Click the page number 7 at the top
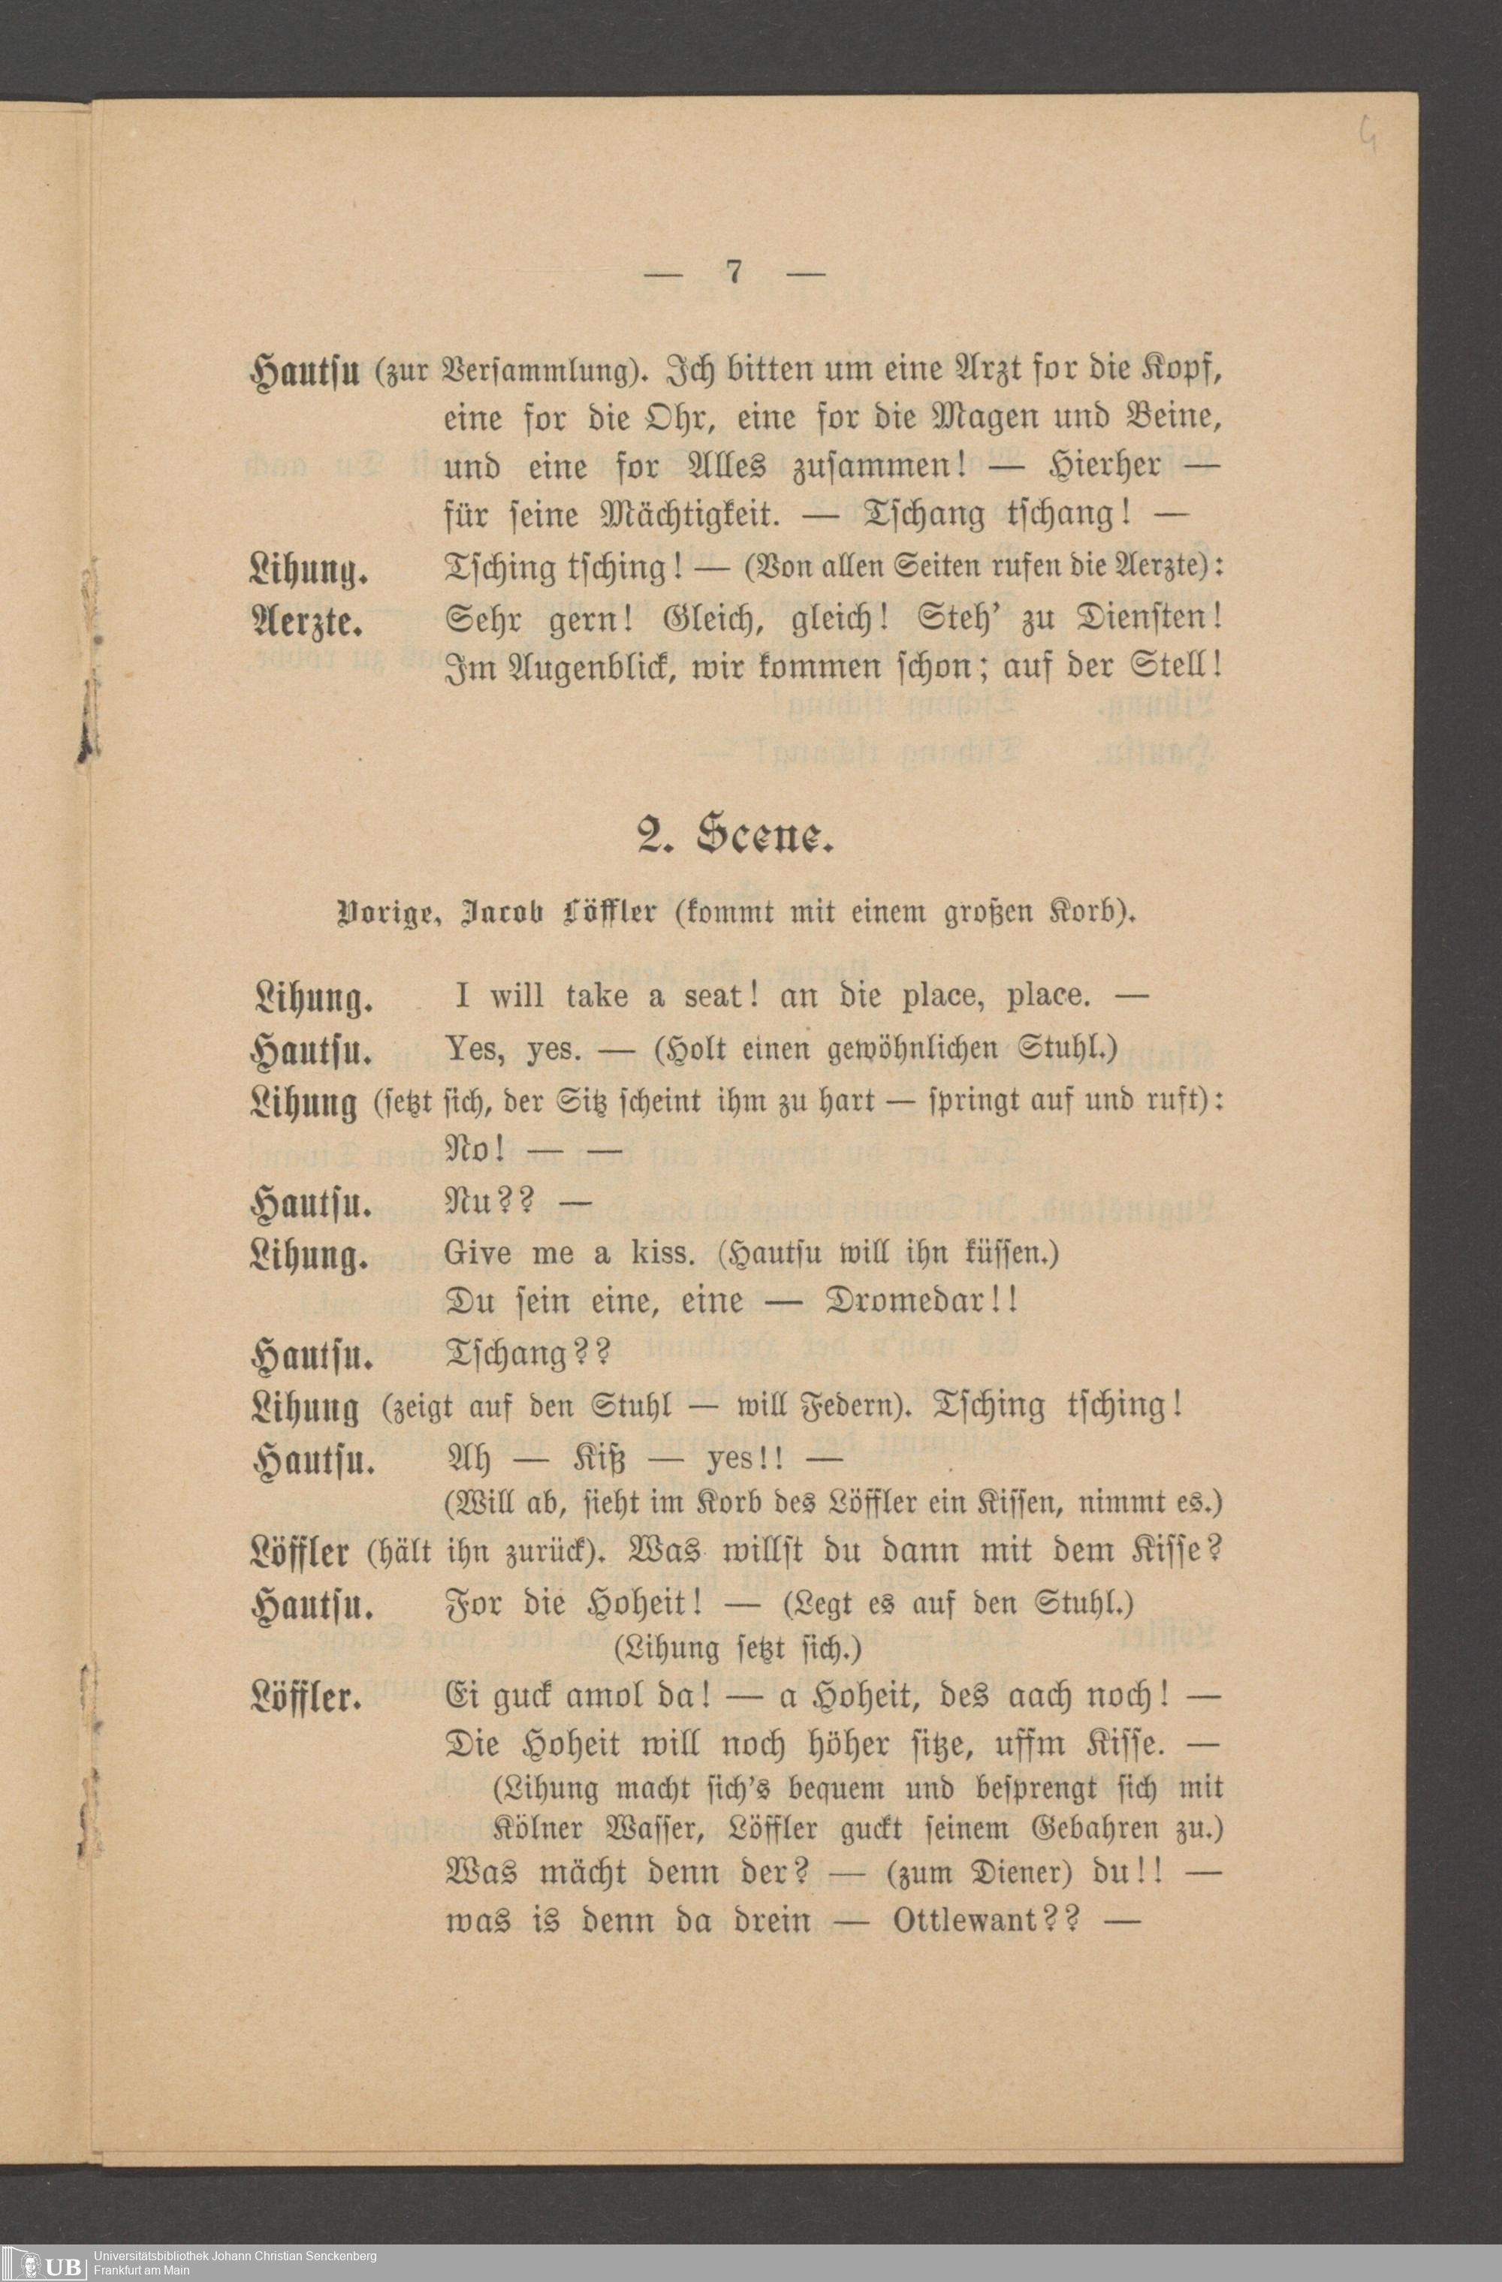(x=734, y=273)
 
